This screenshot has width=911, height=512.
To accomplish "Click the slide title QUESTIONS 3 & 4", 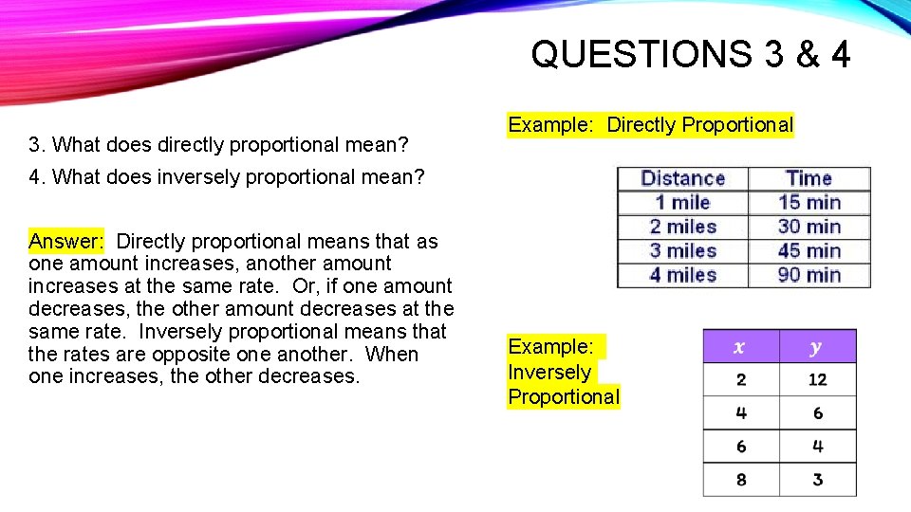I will click(x=690, y=55).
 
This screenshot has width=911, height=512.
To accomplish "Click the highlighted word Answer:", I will click(x=66, y=241).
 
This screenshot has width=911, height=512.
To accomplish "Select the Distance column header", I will click(x=682, y=178).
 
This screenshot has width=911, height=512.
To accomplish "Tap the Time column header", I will click(x=809, y=178).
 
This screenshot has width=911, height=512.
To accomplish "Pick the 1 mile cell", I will click(x=682, y=202).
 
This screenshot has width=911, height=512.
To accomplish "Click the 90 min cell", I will click(x=809, y=275).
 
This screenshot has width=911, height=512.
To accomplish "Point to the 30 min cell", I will click(x=809, y=227).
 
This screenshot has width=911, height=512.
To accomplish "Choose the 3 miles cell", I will click(x=682, y=251).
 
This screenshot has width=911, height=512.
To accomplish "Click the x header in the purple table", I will click(x=740, y=347).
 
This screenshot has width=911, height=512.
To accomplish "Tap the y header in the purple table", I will click(x=817, y=347).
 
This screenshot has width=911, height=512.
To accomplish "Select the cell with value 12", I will click(x=817, y=380).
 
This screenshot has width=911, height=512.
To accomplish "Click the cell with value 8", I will click(x=740, y=480).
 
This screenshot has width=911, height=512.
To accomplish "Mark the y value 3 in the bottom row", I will click(x=817, y=480).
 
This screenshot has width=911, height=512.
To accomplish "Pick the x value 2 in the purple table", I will click(x=740, y=380).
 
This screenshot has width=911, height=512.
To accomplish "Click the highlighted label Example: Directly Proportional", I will click(x=650, y=125).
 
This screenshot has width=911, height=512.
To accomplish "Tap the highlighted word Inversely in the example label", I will click(x=549, y=373).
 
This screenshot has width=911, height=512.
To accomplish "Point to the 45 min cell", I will click(x=809, y=251).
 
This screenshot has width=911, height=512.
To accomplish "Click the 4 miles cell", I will click(x=682, y=275).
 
